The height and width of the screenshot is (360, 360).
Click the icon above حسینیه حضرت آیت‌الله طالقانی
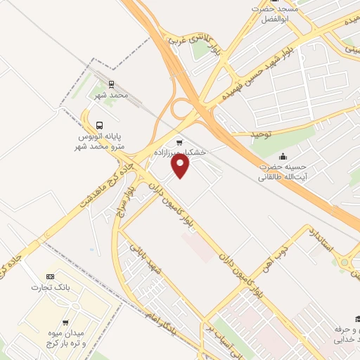(x=283, y=156)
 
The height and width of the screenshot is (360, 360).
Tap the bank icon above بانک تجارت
(x=49, y=276)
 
